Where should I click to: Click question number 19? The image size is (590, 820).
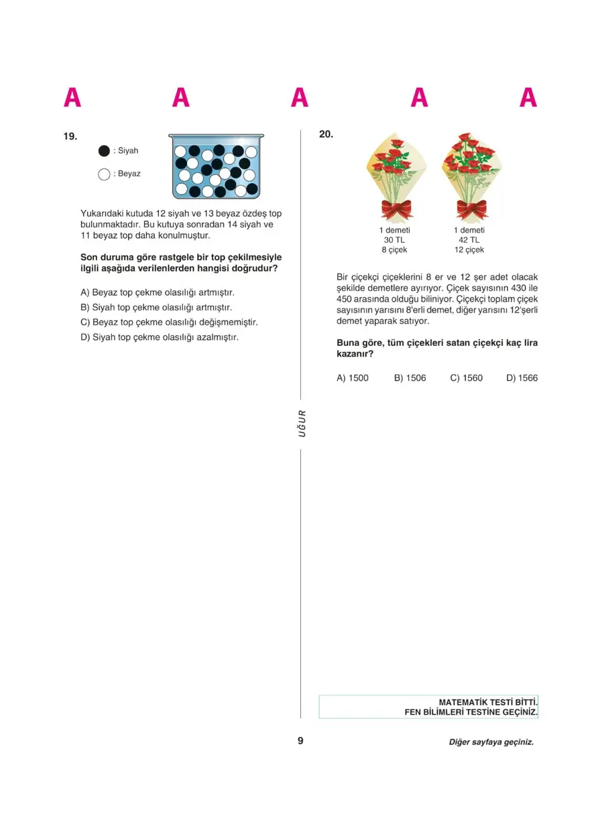(70, 136)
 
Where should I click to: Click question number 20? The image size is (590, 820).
(326, 134)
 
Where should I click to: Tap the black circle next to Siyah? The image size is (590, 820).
(104, 151)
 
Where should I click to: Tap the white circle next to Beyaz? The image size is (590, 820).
(104, 174)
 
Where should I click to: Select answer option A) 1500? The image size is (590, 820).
(352, 378)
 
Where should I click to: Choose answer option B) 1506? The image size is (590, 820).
(410, 378)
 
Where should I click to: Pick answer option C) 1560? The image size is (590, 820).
(466, 378)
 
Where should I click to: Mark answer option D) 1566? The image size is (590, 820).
(522, 378)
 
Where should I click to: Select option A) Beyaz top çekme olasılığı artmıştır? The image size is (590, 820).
(157, 293)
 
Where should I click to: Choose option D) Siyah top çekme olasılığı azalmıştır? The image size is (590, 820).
(159, 337)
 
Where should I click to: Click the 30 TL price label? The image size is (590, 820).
(394, 240)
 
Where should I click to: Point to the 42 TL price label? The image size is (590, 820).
(469, 240)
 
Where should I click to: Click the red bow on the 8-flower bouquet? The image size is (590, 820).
(396, 209)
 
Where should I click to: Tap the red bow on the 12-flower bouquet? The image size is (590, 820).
(473, 209)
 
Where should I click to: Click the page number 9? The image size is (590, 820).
(300, 741)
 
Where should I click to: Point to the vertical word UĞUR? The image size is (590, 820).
(302, 423)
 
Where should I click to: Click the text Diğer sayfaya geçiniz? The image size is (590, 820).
(491, 742)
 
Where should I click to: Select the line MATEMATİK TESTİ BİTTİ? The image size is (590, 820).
(488, 702)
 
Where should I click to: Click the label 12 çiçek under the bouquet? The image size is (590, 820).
(469, 250)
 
